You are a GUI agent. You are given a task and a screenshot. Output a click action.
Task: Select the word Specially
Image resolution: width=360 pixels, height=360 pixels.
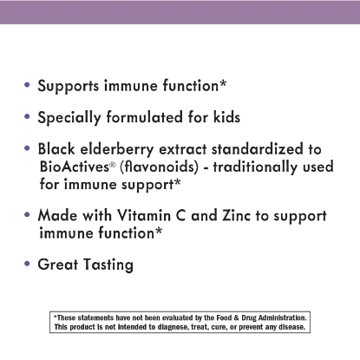click(69, 117)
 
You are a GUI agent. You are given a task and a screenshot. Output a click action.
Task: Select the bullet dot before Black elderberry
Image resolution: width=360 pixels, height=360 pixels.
click(29, 147)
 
